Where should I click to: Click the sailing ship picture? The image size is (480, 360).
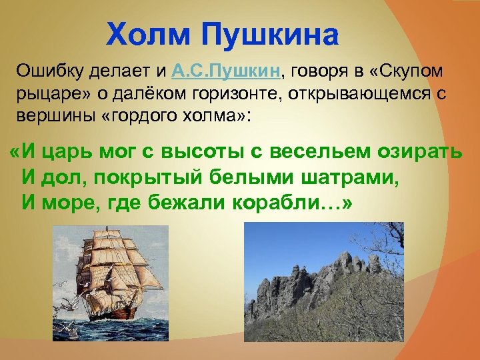(111, 280)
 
